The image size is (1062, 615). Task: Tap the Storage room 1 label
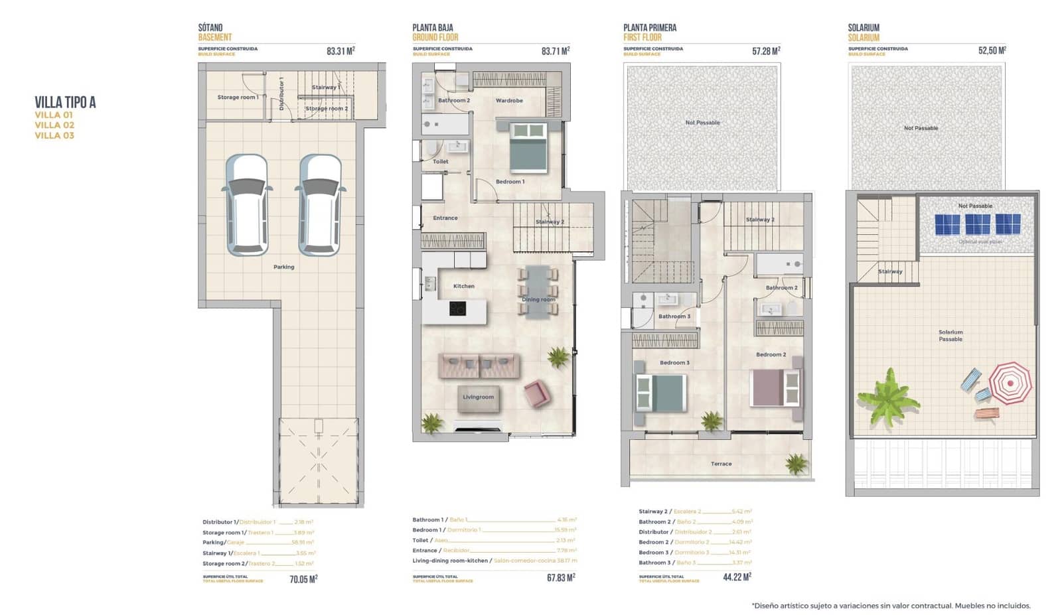tap(238, 98)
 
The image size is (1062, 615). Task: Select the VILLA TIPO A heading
tap(65, 102)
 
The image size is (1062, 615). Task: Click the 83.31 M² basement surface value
tap(341, 51)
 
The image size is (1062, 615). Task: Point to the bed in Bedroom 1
tap(528, 148)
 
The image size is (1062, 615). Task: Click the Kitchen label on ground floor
tap(463, 286)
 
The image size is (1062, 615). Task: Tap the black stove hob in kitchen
tap(457, 308)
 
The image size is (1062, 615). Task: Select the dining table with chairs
tap(538, 291)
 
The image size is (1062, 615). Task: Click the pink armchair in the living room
tap(536, 393)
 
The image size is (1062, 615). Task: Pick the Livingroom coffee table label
tap(478, 397)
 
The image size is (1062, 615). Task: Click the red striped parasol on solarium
tap(1010, 383)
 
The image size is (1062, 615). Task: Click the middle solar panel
tap(977, 224)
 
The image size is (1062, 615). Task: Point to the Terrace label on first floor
tap(721, 464)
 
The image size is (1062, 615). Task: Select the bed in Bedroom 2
tap(775, 387)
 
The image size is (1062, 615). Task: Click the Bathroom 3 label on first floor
tap(674, 316)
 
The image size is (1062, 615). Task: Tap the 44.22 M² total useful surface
tap(737, 577)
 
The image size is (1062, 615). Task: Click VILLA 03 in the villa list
tap(54, 135)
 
